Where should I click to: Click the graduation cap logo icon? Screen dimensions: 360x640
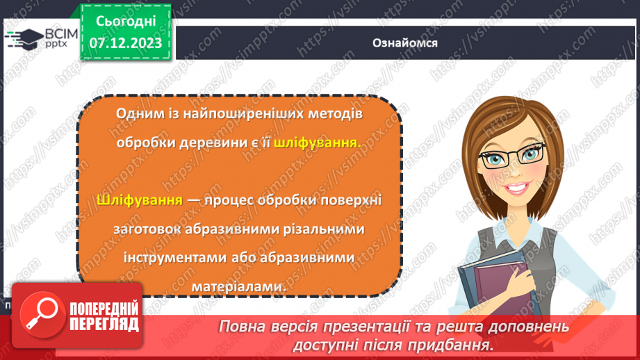point(25,38)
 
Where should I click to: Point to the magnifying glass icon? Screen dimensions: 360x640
point(40,312)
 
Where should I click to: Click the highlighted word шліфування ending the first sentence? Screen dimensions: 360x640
point(317,142)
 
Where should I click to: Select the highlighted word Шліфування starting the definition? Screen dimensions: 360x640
point(140,200)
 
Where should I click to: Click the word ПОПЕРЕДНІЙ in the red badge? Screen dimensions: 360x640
point(104,307)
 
